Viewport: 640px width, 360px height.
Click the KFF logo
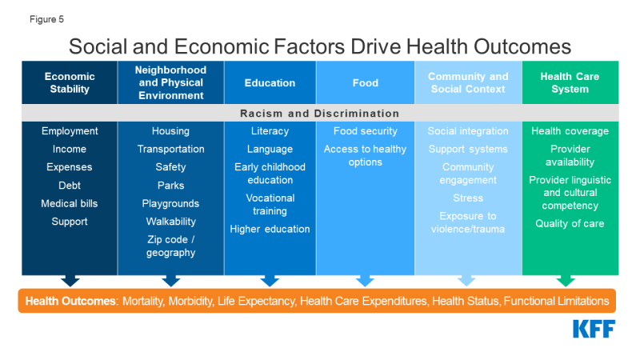594,329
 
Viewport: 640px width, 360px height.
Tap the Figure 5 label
46,19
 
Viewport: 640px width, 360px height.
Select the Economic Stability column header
70,82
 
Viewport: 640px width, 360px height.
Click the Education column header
270,83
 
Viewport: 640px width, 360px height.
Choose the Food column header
366,83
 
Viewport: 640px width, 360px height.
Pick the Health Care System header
570,82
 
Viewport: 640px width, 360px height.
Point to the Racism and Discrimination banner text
319,113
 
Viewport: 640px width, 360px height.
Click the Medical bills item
70,203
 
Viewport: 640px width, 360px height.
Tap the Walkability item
170,222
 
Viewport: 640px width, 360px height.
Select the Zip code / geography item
170,246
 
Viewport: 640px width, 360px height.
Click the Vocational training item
270,204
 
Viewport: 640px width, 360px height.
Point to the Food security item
366,130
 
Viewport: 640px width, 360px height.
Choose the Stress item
468,198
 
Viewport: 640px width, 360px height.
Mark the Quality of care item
570,223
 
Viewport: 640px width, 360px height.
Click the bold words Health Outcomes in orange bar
70,301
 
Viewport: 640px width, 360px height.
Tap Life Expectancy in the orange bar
256,301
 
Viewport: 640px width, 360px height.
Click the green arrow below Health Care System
566,281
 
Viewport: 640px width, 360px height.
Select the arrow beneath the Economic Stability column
70,281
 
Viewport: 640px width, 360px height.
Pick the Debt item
70,186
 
